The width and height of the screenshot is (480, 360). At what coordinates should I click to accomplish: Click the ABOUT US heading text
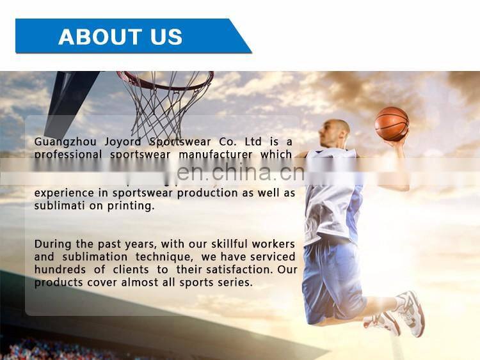pos(120,36)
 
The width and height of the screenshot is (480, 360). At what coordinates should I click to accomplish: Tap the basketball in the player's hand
pos(391,124)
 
